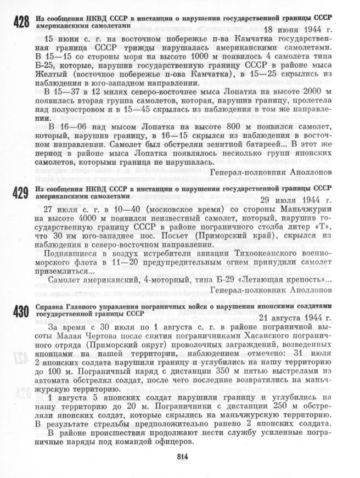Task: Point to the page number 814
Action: (x=183, y=457)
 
